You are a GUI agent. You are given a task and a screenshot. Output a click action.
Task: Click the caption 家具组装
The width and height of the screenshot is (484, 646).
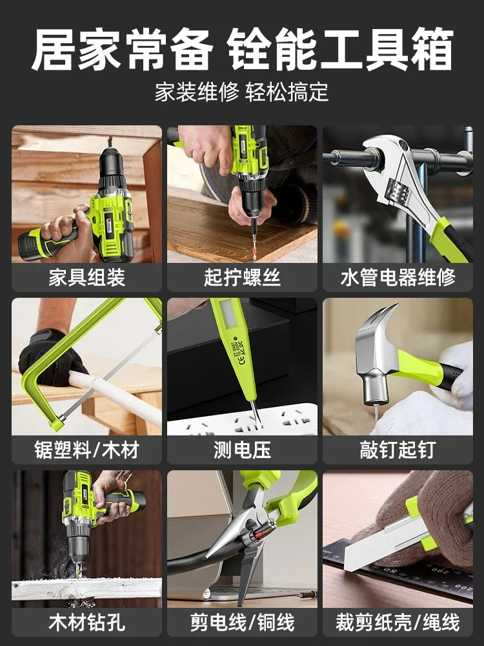click(86, 278)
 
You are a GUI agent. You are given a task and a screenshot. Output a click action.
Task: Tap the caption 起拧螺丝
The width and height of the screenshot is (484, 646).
click(242, 278)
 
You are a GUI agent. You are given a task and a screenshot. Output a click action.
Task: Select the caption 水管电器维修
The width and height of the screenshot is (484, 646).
click(398, 278)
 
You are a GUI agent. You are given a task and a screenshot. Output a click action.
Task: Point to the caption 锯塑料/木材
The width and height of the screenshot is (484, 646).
click(86, 450)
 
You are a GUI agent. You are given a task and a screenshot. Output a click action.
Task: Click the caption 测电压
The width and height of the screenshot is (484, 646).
click(242, 450)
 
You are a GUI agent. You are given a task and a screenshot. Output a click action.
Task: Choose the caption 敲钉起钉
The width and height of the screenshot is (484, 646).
click(398, 450)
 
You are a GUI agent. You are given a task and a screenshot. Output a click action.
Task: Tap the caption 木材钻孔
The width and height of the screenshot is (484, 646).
click(86, 623)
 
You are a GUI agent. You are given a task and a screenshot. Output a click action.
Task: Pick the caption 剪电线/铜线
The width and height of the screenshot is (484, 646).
click(242, 623)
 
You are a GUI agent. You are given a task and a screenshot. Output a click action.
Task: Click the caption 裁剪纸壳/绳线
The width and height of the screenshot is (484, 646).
click(398, 623)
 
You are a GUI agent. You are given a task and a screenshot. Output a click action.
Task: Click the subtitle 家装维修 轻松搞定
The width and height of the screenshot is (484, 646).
click(242, 92)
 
